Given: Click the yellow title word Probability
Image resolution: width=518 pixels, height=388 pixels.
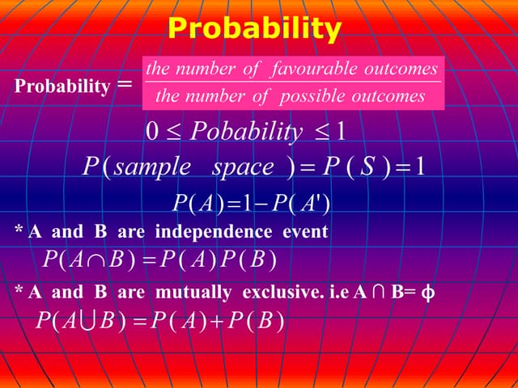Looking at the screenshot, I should (254, 29).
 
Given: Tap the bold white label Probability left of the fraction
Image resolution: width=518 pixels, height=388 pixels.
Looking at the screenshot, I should (62, 86).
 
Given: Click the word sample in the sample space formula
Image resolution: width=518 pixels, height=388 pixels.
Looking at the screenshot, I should (151, 167).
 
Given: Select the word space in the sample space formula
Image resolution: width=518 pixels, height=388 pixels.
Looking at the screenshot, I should (243, 167).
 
